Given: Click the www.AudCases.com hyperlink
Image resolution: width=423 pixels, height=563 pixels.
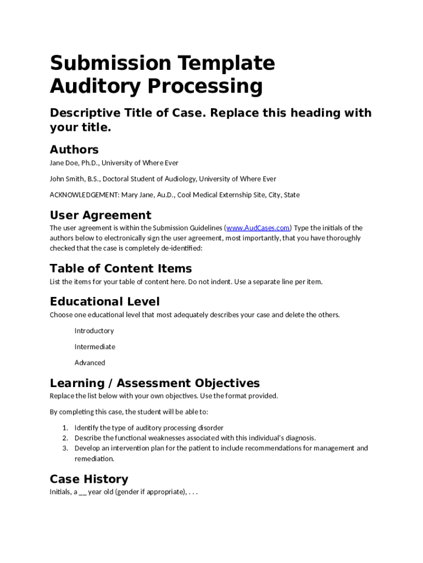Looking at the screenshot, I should [258, 228].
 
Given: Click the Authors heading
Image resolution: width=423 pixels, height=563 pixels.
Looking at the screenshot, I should [74, 150].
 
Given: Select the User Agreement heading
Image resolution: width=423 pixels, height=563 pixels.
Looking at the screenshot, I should [101, 215].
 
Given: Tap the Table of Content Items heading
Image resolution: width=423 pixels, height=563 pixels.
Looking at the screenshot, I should [121, 268].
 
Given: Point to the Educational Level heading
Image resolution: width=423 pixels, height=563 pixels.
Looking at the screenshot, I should [105, 301].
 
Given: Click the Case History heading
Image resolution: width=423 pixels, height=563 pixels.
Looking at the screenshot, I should [89, 479].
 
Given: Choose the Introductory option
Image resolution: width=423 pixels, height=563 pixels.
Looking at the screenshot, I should [94, 331].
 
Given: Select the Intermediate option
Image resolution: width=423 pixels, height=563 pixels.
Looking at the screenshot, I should [95, 347].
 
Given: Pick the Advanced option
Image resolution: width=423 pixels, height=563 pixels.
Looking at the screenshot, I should [90, 363].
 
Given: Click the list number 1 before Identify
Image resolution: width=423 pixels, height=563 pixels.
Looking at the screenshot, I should [64, 428].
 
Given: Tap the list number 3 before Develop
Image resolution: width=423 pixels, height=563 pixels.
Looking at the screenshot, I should [64, 448].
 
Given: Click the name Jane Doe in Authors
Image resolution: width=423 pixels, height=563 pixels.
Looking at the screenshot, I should [64, 163].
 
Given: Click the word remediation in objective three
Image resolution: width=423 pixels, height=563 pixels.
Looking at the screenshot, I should [94, 459].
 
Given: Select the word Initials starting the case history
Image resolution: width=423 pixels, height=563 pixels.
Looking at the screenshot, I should [60, 492].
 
